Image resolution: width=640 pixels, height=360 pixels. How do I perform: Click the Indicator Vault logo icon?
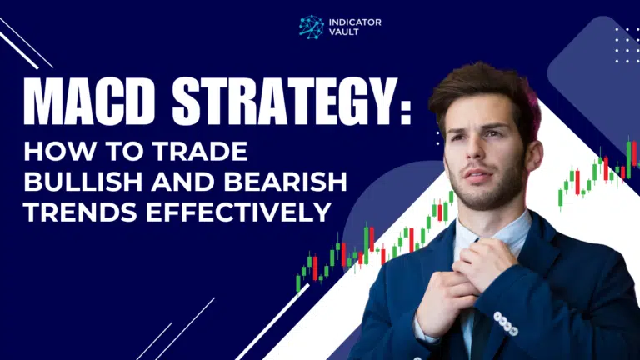click(x=311, y=27)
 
